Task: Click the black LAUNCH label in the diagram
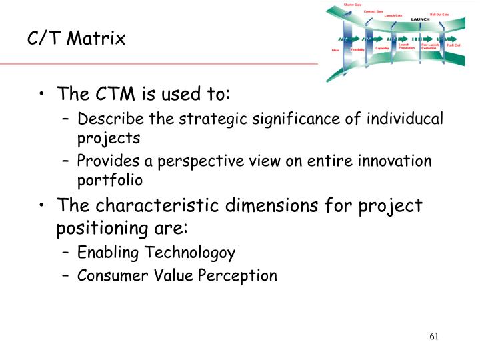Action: [421, 19]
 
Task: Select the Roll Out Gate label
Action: [458, 14]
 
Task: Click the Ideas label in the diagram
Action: [335, 50]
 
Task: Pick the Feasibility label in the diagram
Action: [357, 49]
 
